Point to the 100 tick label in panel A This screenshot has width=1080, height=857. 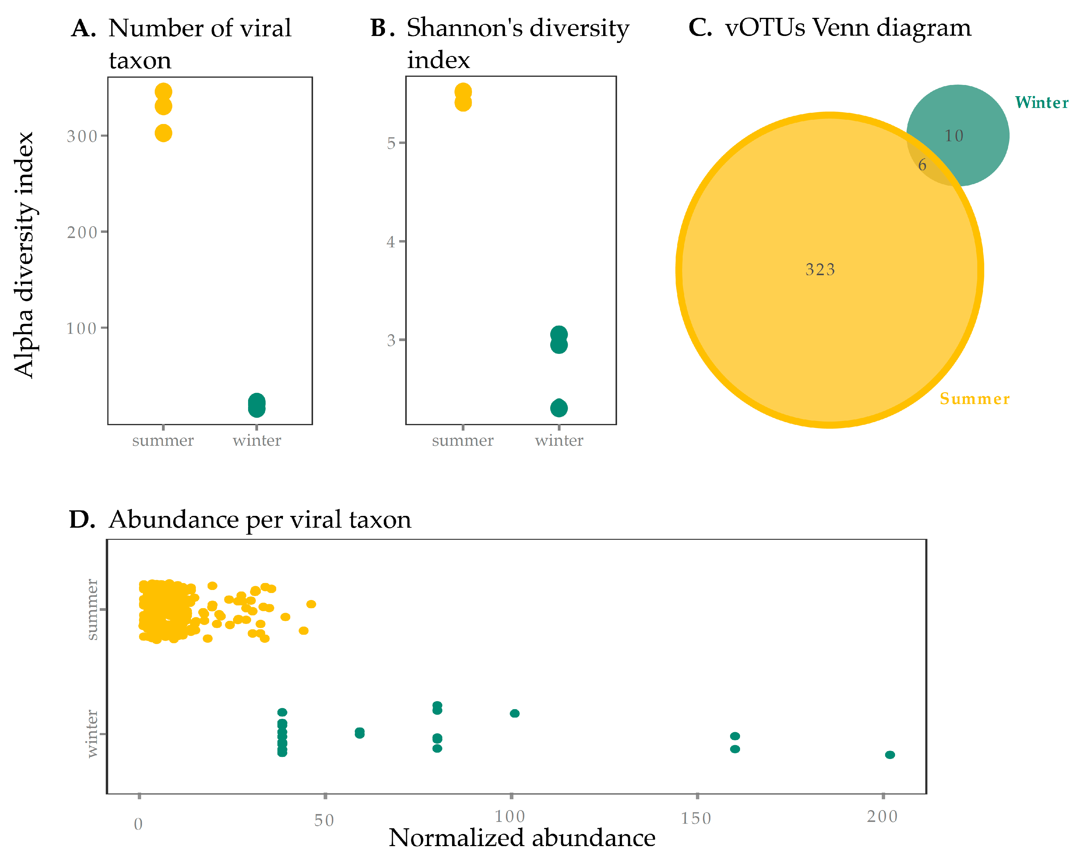[x=81, y=328]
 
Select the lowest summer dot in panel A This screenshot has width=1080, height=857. [x=163, y=133]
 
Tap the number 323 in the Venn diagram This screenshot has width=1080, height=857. [x=820, y=270]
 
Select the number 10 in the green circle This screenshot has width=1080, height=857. [x=954, y=136]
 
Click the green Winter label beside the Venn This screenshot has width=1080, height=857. [x=1041, y=103]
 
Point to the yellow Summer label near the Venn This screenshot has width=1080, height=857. [x=974, y=399]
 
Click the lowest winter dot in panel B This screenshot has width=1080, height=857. [x=558, y=409]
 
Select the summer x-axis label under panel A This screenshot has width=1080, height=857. [x=163, y=441]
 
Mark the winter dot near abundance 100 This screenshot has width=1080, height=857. [x=514, y=713]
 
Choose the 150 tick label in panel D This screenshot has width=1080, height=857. [x=696, y=818]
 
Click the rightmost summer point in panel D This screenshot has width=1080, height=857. [x=311, y=604]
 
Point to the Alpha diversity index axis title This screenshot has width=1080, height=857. [x=24, y=255]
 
